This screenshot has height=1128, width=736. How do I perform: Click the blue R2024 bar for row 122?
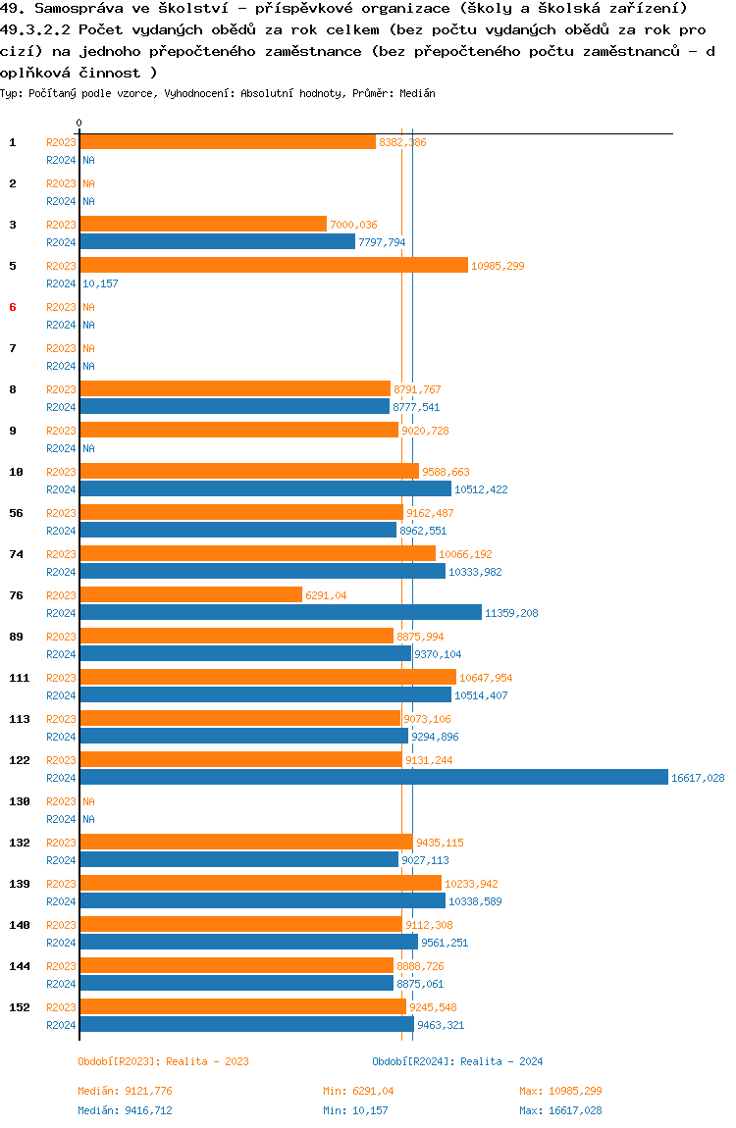click(x=373, y=778)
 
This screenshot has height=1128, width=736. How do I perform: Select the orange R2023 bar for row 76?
click(x=190, y=595)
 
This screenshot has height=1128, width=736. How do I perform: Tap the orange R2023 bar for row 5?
click(x=274, y=266)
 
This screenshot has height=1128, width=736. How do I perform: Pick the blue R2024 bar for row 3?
click(x=217, y=242)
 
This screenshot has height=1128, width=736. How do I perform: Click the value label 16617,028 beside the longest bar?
click(x=698, y=778)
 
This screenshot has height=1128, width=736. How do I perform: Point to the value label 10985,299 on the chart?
click(x=498, y=266)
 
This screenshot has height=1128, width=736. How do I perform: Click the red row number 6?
click(x=13, y=307)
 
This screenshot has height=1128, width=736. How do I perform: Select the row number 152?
click(x=19, y=1007)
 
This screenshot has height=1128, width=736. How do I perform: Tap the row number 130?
click(x=19, y=801)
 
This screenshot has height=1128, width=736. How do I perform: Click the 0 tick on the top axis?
click(x=79, y=124)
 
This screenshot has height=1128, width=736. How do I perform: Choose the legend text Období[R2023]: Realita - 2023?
click(x=163, y=1061)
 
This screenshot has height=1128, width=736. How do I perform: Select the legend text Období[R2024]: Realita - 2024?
click(x=457, y=1061)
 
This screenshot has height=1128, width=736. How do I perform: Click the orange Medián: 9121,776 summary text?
click(x=125, y=1091)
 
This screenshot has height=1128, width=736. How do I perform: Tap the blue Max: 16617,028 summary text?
click(x=560, y=1110)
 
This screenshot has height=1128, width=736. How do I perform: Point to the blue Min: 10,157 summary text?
click(x=358, y=1110)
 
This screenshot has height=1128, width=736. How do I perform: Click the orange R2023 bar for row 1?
click(x=228, y=142)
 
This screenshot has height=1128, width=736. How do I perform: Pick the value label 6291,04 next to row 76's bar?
click(x=326, y=595)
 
